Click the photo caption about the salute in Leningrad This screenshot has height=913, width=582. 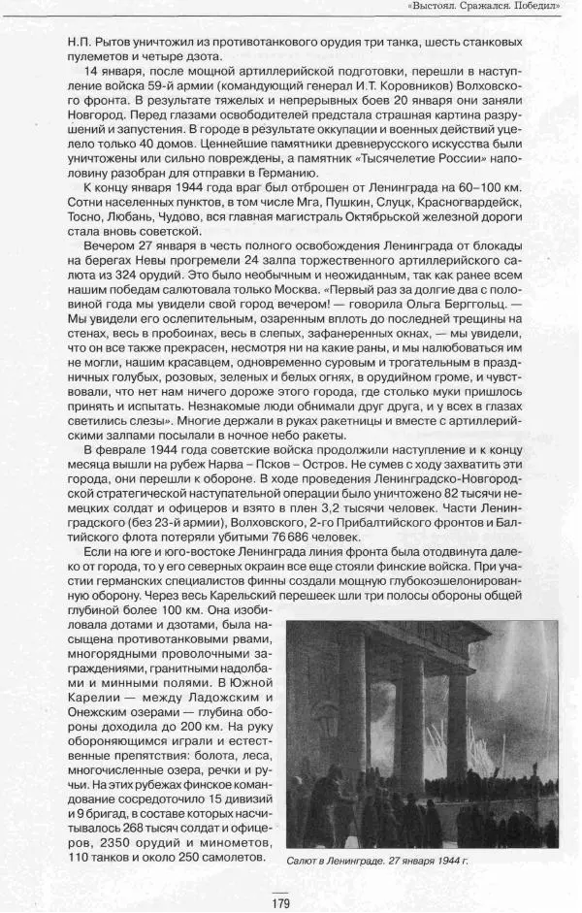378,860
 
